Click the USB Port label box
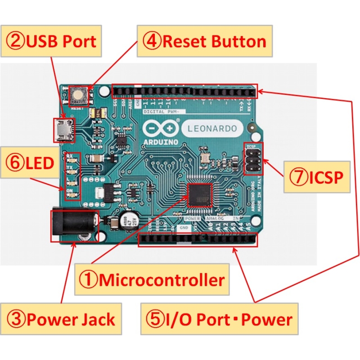pyautogui.click(x=51, y=42)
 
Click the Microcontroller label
pyautogui.click(x=152, y=280)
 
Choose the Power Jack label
pyautogui.click(x=62, y=319)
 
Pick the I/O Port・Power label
pyautogui.click(x=219, y=319)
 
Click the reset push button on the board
pyautogui.click(x=80, y=95)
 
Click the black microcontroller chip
pyautogui.click(x=199, y=194)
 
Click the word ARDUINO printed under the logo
pyautogui.click(x=158, y=141)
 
